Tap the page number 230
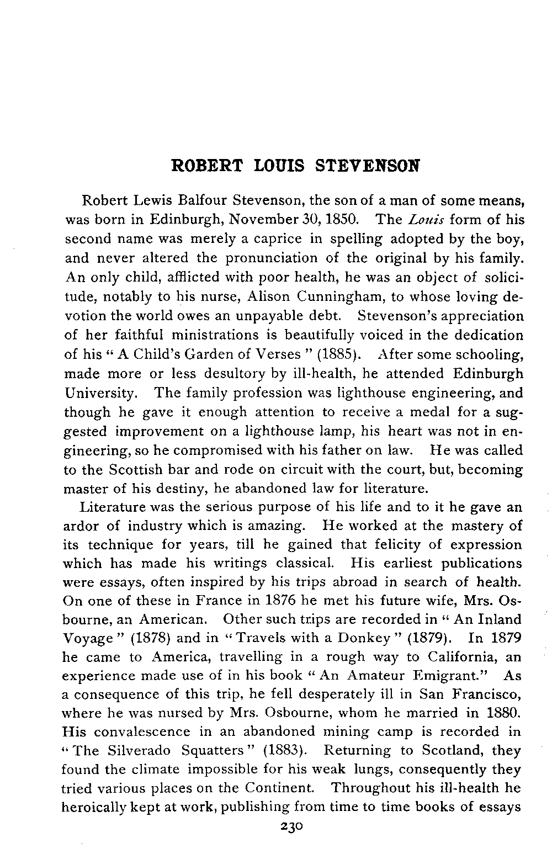[x=289, y=826]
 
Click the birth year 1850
[x=346, y=220]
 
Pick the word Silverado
[x=139, y=751]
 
